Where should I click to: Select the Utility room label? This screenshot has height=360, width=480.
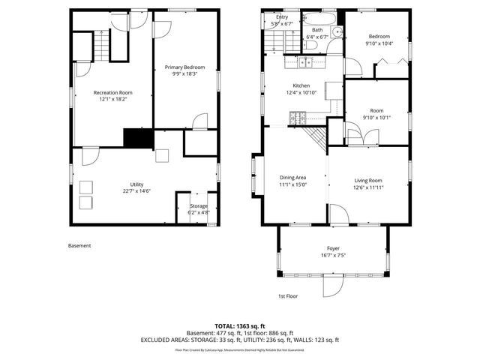pyautogui.click(x=136, y=184)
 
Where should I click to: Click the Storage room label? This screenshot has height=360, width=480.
pyautogui.click(x=198, y=205)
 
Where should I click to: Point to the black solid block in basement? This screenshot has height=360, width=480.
pyautogui.click(x=137, y=138)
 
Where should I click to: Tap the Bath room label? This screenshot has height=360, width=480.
pyautogui.click(x=318, y=30)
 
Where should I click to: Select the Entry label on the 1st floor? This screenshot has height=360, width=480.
pyautogui.click(x=282, y=16)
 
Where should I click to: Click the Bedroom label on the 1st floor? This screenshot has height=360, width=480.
pyautogui.click(x=378, y=36)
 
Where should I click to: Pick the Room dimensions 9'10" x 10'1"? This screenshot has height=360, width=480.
pyautogui.click(x=376, y=117)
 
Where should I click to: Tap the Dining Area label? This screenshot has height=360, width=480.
pyautogui.click(x=293, y=178)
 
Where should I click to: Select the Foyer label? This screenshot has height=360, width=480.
pyautogui.click(x=333, y=247)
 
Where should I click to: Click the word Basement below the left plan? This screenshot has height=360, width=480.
pyautogui.click(x=79, y=245)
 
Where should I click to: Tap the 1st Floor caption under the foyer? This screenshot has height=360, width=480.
pyautogui.click(x=288, y=296)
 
